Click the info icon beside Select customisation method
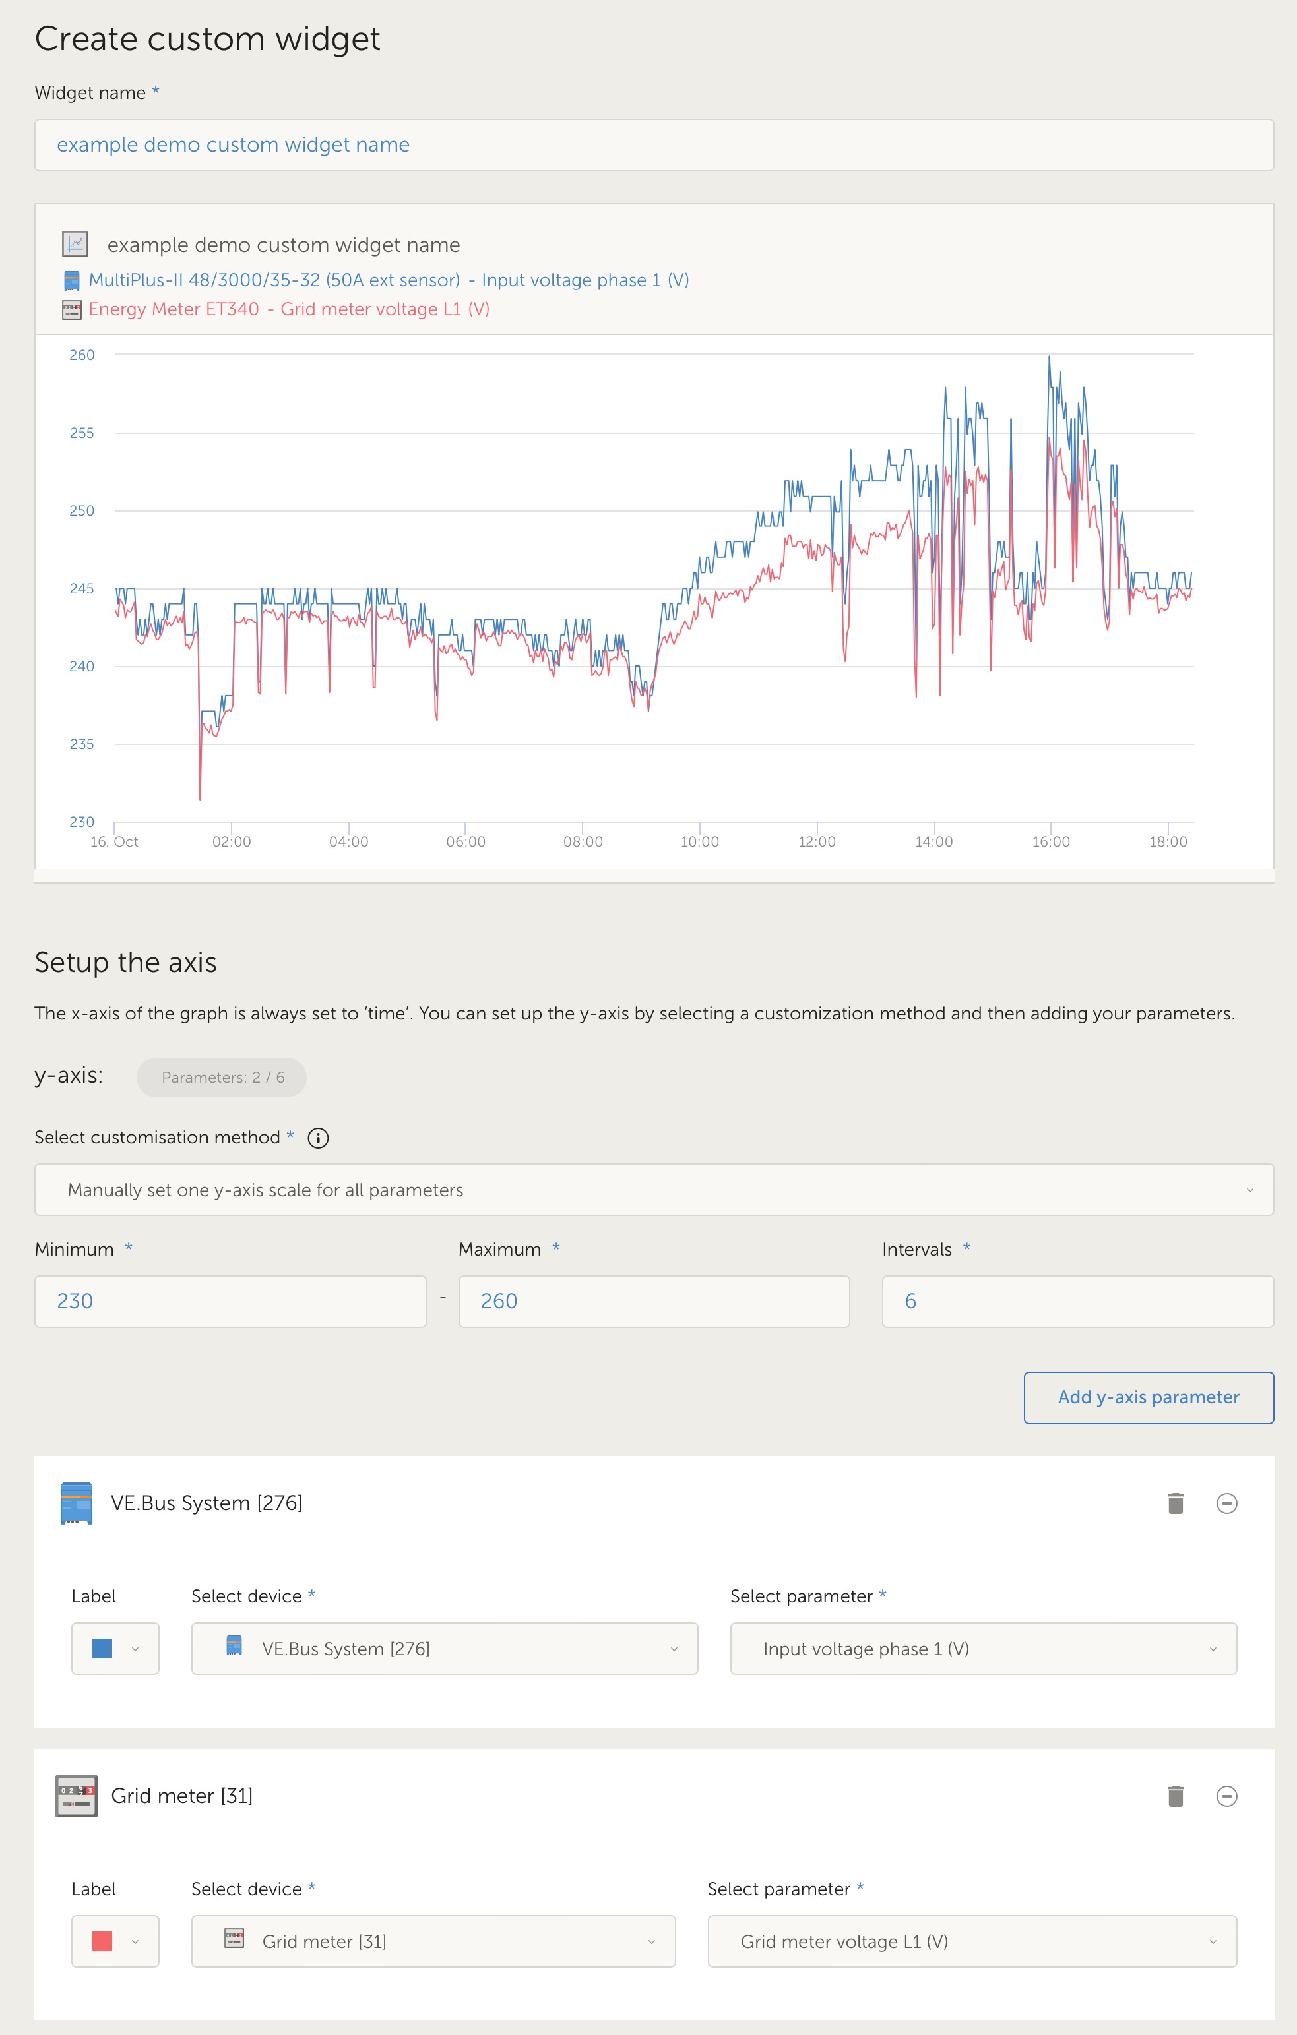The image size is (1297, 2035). [318, 1138]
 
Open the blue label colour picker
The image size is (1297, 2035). [115, 1648]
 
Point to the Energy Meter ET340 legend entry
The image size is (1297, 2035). [288, 309]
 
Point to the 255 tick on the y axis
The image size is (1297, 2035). [82, 433]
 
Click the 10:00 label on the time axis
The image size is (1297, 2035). [699, 841]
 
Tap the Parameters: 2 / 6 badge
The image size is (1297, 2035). [222, 1077]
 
